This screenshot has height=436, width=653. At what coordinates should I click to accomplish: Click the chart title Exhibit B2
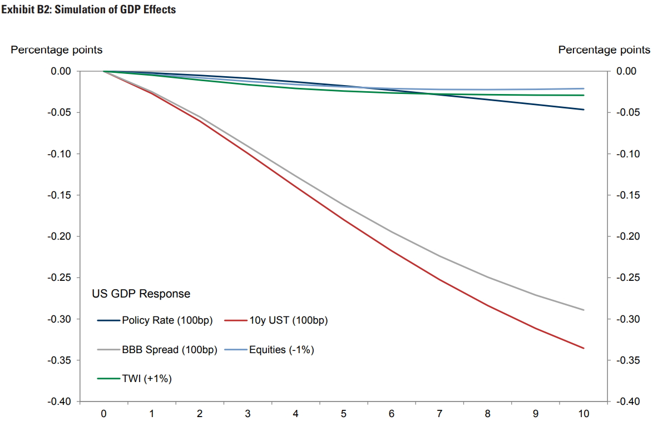(x=89, y=9)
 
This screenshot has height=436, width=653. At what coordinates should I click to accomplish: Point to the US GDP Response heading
(x=141, y=294)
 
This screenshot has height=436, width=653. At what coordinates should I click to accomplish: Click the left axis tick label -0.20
(x=57, y=236)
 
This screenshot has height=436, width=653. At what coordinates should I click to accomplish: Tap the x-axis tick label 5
(x=344, y=414)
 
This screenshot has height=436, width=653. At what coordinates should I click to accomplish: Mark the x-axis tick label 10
(x=583, y=414)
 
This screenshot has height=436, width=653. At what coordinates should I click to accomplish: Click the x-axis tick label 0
(x=103, y=414)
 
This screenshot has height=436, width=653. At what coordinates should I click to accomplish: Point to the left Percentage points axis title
(x=57, y=50)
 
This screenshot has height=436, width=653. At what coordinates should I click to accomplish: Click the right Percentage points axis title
(x=604, y=50)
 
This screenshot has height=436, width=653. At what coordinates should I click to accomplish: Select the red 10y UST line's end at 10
(x=583, y=348)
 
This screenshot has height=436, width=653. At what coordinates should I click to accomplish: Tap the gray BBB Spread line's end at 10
(x=583, y=310)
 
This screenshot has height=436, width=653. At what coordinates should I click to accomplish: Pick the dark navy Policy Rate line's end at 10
(x=583, y=110)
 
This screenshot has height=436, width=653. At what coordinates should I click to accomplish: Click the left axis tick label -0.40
(x=57, y=402)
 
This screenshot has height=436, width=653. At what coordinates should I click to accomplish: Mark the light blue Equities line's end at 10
(x=583, y=88)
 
